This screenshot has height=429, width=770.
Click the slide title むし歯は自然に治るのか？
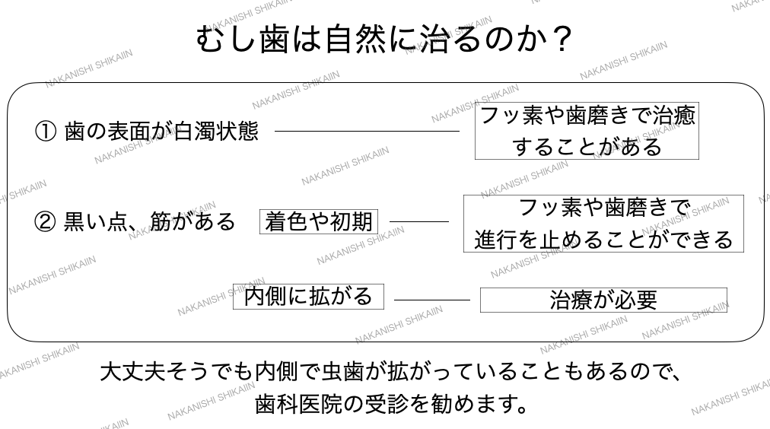pos(383,40)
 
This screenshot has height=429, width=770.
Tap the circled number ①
pos(46,131)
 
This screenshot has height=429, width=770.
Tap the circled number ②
pos(46,221)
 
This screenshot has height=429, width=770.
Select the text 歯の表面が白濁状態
pos(161,131)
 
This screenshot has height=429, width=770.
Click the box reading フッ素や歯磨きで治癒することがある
pos(587,132)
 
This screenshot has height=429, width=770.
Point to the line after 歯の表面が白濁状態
pos(367,131)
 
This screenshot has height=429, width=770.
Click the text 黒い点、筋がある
pos(149,221)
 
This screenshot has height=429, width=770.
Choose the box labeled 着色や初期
pos(319,221)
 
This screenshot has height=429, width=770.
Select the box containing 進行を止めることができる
pos(603,224)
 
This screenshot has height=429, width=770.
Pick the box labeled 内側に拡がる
pos(307,296)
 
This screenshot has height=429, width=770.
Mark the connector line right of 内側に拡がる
pos(432,300)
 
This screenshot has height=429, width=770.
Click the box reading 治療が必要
pos(603,300)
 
